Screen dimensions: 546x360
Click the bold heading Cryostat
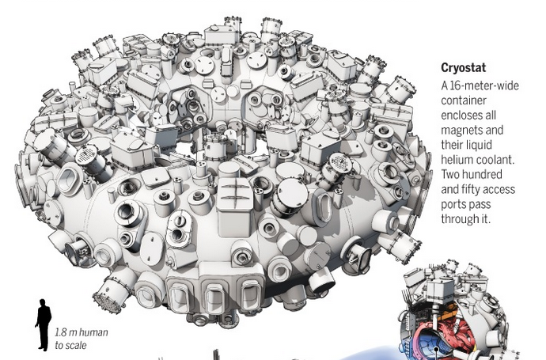click(463, 67)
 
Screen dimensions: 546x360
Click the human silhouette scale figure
click(44, 324)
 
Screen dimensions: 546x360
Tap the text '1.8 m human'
click(82, 332)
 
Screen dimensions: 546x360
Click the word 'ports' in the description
click(454, 204)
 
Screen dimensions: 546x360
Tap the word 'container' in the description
click(464, 100)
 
